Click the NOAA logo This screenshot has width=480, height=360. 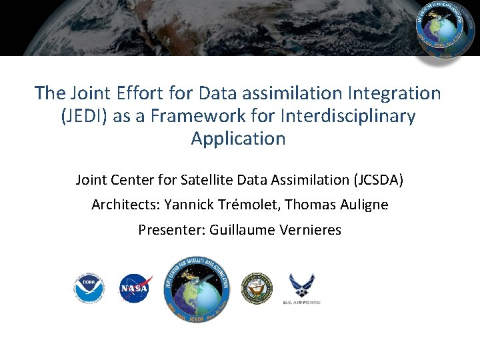pyautogui.click(x=89, y=289)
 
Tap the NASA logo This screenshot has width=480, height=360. pyautogui.click(x=135, y=289)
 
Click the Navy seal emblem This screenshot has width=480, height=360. pyautogui.click(x=257, y=289)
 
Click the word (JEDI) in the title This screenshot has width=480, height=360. pyautogui.click(x=85, y=116)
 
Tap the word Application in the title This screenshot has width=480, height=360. pyautogui.click(x=238, y=139)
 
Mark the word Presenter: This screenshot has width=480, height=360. pyautogui.click(x=171, y=230)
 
